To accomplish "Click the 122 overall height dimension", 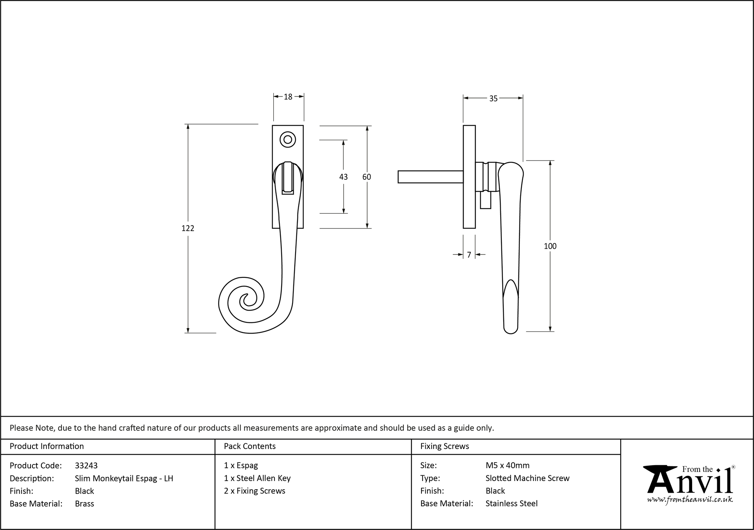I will (188, 228).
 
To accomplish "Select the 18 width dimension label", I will (288, 97).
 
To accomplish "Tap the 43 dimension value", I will (343, 177).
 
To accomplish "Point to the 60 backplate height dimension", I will (366, 177).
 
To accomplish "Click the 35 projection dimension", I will (493, 98).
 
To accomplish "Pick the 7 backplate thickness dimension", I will (469, 255).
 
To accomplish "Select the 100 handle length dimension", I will (550, 246).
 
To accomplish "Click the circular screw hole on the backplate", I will (288, 140).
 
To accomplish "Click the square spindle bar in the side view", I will (430, 177).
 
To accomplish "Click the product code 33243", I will (86, 466).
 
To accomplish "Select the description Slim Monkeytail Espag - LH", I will (124, 478).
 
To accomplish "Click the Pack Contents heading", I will (250, 446).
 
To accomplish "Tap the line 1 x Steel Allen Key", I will (257, 478).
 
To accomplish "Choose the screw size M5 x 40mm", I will (507, 466).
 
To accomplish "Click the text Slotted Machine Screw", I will (527, 478).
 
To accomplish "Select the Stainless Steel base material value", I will (512, 504).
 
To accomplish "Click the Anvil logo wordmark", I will (690, 481).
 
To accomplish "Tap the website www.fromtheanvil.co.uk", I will (690, 499).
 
